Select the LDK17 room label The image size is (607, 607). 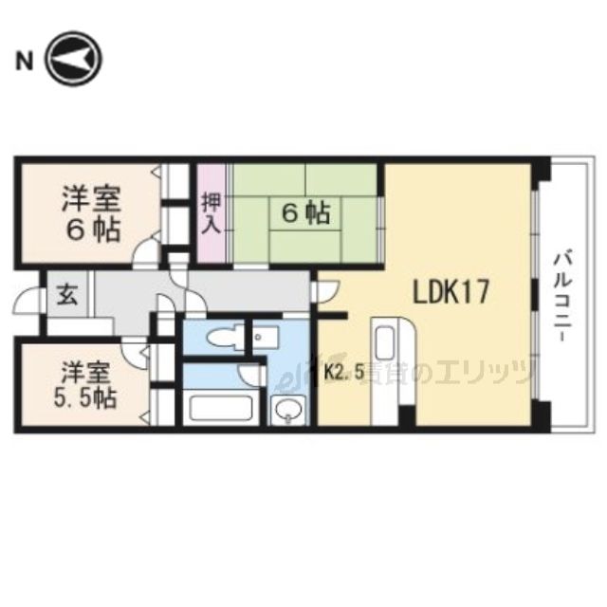pos(450,291)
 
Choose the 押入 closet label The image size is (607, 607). pos(211,215)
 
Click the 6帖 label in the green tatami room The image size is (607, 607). pos(304,214)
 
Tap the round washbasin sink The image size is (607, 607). pos(287,411)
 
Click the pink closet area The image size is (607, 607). pos(212,215)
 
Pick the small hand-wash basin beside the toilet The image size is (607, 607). pos(262,336)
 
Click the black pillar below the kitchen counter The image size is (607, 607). pos(406,415)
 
